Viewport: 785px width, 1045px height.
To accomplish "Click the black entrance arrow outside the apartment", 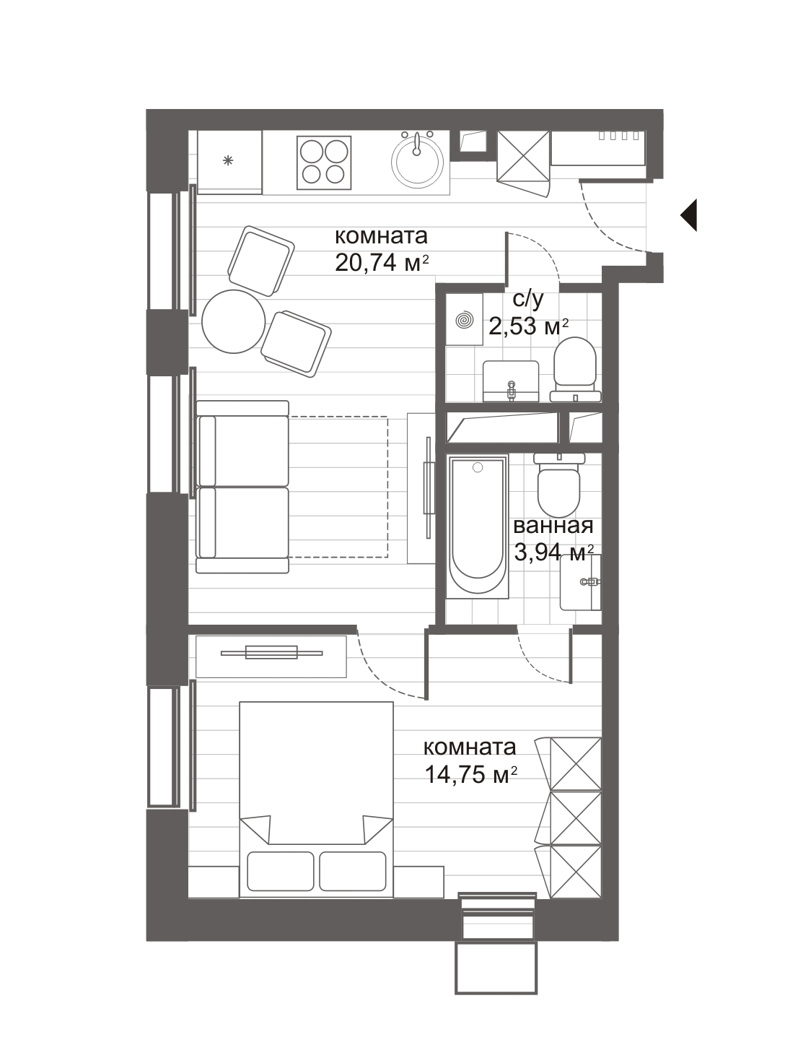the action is [690, 215].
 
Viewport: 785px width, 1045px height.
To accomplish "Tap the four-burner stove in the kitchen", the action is [324, 162].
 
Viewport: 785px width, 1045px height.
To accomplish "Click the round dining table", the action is [233, 321].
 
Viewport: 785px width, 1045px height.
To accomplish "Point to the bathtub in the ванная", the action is [477, 524].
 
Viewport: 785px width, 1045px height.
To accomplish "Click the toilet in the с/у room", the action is [575, 369].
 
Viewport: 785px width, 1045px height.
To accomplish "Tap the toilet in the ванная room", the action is [559, 481].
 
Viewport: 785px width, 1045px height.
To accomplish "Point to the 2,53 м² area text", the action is [529, 327].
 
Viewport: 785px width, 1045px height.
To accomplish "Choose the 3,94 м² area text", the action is [554, 553].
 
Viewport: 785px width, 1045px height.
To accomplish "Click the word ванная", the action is [553, 526].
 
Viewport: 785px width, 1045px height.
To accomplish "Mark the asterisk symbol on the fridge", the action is [229, 161].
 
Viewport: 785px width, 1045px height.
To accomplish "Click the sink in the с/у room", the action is [511, 381].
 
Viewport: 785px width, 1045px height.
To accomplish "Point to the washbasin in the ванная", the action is [581, 582].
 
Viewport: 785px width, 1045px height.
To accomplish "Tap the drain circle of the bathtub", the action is [477, 467].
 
